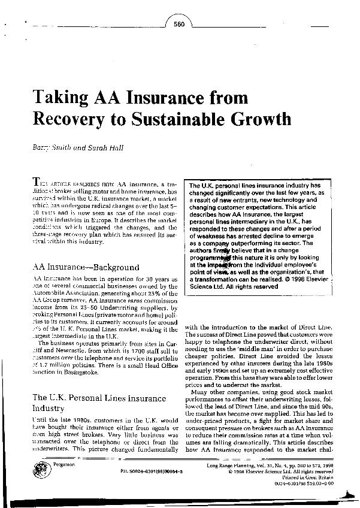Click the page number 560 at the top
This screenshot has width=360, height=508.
[x=178, y=24]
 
